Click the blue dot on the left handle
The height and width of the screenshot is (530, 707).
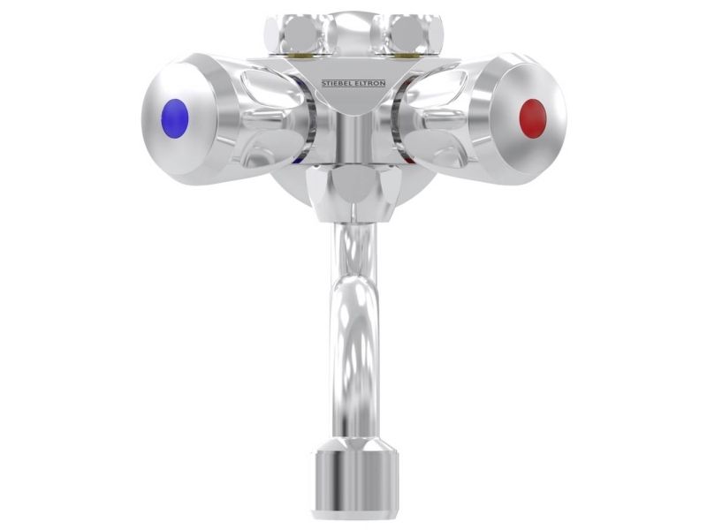[x=174, y=118]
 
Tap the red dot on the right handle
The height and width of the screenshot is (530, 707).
[x=533, y=118]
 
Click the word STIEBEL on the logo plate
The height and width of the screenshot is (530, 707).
[x=338, y=83]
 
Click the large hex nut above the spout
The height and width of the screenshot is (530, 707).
[x=353, y=193]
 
